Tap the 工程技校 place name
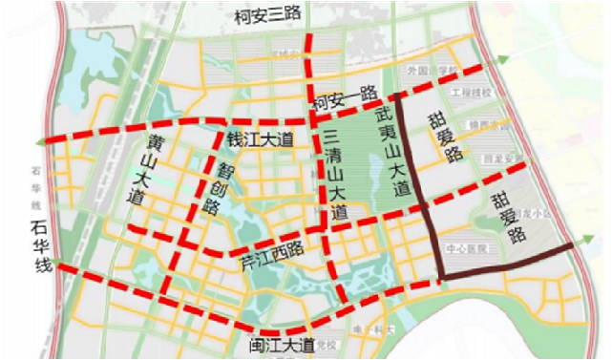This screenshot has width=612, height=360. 471,93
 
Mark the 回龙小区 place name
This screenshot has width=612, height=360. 538,214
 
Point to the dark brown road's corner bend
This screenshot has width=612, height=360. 442,277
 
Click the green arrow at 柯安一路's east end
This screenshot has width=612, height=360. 500,63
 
